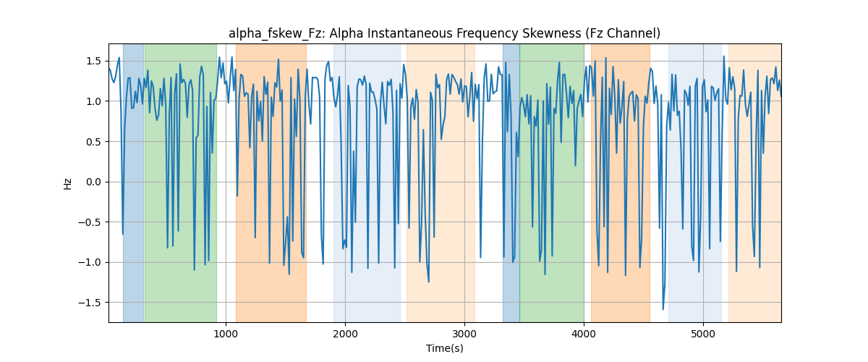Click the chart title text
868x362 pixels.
click(444, 34)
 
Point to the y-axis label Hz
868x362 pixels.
click(67, 184)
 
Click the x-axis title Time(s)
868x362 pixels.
click(444, 348)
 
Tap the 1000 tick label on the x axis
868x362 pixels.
click(226, 334)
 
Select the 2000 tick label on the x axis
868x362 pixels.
click(345, 334)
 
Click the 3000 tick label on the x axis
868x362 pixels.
click(464, 334)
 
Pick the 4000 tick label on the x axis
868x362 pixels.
click(584, 334)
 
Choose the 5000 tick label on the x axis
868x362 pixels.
click(703, 334)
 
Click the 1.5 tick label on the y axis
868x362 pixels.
click(93, 62)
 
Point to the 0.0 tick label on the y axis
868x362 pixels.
click(93, 182)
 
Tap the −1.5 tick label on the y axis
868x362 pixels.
click(90, 303)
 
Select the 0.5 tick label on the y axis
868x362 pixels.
click(93, 142)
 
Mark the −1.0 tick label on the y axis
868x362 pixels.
click(90, 262)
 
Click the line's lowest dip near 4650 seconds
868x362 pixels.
click(663, 309)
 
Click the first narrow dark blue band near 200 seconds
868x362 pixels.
click(133, 182)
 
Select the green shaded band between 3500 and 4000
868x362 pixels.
click(552, 182)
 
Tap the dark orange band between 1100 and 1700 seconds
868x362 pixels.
click(271, 182)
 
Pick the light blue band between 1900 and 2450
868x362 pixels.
click(367, 182)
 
